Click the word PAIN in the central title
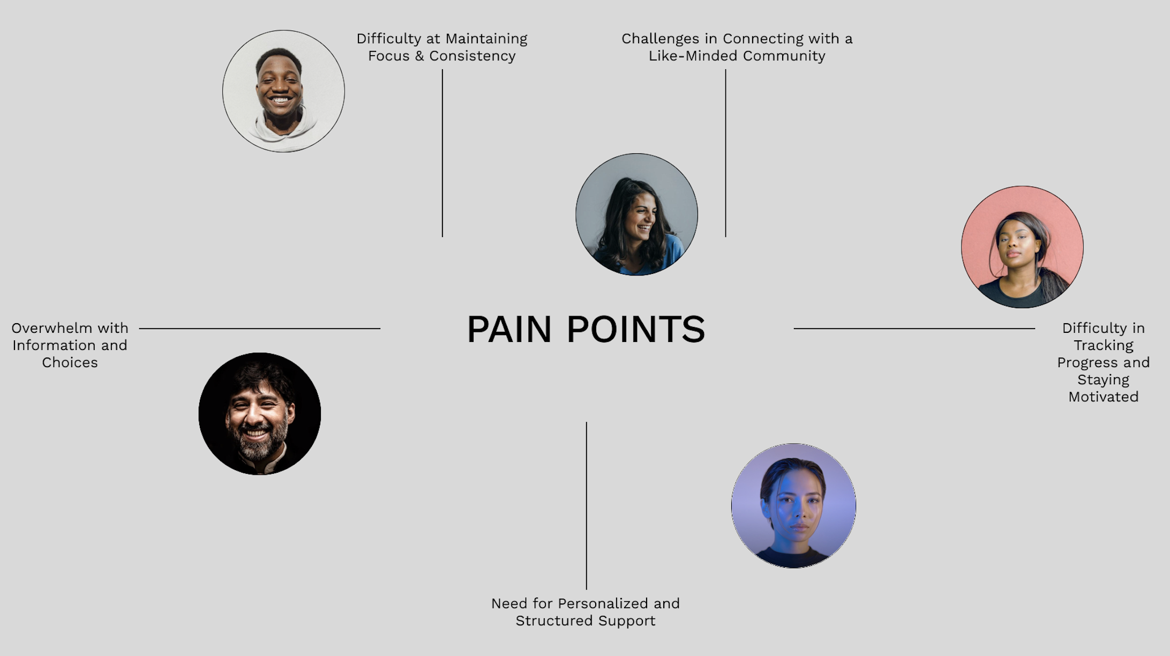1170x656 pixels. tap(509, 329)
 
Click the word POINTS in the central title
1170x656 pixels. tap(636, 329)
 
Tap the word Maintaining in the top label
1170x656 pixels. tap(486, 39)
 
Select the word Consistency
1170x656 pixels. tap(472, 56)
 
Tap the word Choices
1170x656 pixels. tap(70, 363)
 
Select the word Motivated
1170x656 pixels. tap(1103, 397)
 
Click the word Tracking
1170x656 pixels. tap(1103, 346)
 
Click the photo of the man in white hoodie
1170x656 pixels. tap(283, 91)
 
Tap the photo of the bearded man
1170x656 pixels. tap(260, 414)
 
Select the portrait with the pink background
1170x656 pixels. tap(1022, 247)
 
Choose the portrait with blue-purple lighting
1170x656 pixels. tap(793, 505)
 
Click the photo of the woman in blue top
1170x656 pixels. tap(636, 214)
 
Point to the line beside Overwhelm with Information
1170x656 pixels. tap(260, 329)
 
